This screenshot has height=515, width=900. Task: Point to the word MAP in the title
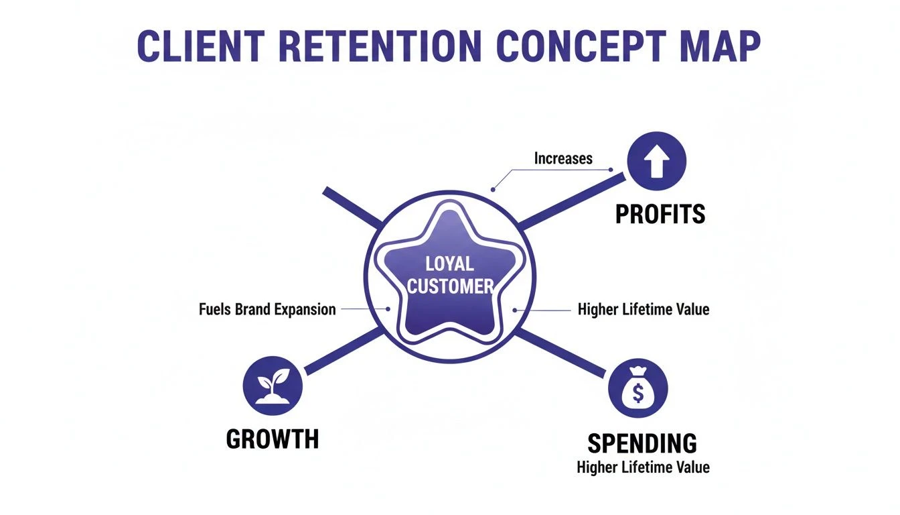[x=721, y=46]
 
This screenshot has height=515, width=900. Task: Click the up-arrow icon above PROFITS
[x=656, y=161]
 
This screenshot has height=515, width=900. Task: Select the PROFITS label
[x=660, y=214]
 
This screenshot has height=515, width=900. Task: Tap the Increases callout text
[x=563, y=159]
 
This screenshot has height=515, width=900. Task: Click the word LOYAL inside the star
[x=449, y=264]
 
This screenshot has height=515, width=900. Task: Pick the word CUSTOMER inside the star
[x=449, y=286]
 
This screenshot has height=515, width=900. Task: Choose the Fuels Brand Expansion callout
[x=267, y=310]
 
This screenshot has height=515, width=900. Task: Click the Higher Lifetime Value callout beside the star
[x=643, y=310]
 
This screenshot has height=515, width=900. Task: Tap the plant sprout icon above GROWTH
[x=273, y=384]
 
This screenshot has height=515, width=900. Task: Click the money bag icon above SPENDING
[x=637, y=388]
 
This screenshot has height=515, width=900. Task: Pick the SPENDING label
[x=642, y=443]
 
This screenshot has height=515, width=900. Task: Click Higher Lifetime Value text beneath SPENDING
[x=643, y=467]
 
